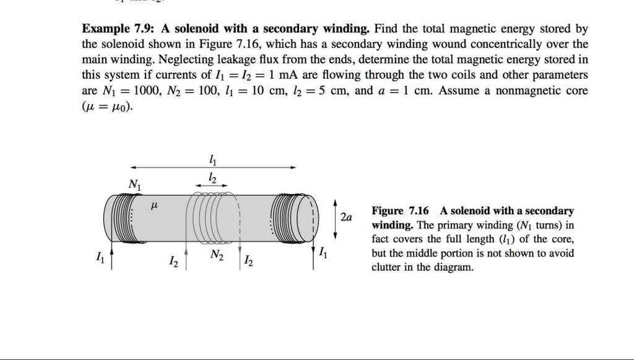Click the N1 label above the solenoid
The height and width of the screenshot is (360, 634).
133,184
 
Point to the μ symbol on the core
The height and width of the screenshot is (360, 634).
155,204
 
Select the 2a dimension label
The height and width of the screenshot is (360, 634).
346,217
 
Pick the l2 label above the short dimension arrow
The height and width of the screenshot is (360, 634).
212,178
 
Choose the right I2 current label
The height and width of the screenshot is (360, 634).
248,261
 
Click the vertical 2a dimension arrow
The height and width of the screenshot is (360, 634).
335,217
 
